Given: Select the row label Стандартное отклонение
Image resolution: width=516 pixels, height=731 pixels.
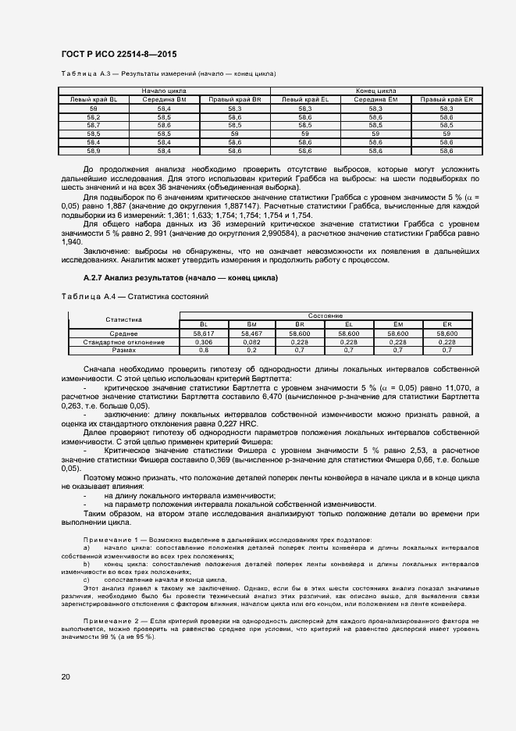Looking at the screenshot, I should tap(123, 342).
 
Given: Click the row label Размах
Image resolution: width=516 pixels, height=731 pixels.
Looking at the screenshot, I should tap(123, 351).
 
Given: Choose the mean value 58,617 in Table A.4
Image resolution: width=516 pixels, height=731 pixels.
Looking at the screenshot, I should tap(203, 333).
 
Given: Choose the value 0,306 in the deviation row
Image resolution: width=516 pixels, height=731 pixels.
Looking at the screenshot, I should tap(203, 342).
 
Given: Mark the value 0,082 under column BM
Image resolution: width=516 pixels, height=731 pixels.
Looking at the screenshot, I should tap(251, 342).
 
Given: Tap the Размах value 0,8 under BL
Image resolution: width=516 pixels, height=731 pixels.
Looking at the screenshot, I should tap(203, 351).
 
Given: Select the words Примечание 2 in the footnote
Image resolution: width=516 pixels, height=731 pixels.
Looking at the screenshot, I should tap(109, 619).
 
